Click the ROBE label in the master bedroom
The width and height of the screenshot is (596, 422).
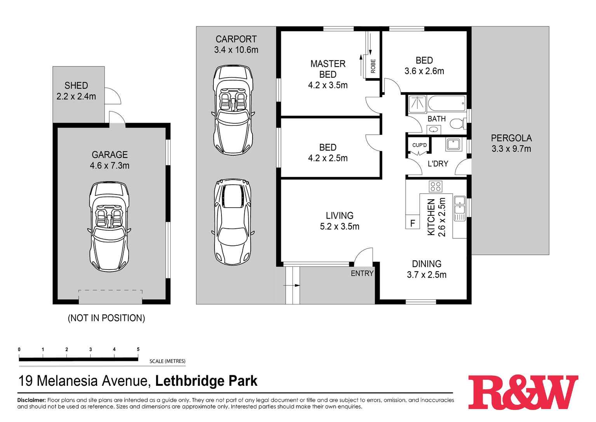tap(373, 66)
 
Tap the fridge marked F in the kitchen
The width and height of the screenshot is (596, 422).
tap(412, 223)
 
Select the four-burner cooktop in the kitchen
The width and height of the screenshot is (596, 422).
tap(435, 186)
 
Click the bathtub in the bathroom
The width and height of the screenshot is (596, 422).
tap(446, 104)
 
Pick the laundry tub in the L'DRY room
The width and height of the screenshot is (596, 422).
tap(453, 144)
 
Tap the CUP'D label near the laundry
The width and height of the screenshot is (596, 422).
tap(419, 145)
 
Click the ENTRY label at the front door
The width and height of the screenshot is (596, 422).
tap(362, 273)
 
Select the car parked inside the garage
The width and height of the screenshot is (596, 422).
tap(109, 227)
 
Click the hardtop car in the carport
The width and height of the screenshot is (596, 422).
tap(233, 222)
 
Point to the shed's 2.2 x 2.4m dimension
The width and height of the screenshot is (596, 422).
tap(76, 96)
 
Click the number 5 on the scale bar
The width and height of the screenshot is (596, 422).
tap(138, 349)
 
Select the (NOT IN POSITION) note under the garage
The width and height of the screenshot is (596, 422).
tap(106, 318)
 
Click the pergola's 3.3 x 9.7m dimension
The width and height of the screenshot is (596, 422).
tap(511, 149)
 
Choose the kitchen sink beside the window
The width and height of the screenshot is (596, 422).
tap(460, 208)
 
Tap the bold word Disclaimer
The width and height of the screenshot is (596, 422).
tap(31, 400)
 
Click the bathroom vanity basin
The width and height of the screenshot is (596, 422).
tap(434, 130)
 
